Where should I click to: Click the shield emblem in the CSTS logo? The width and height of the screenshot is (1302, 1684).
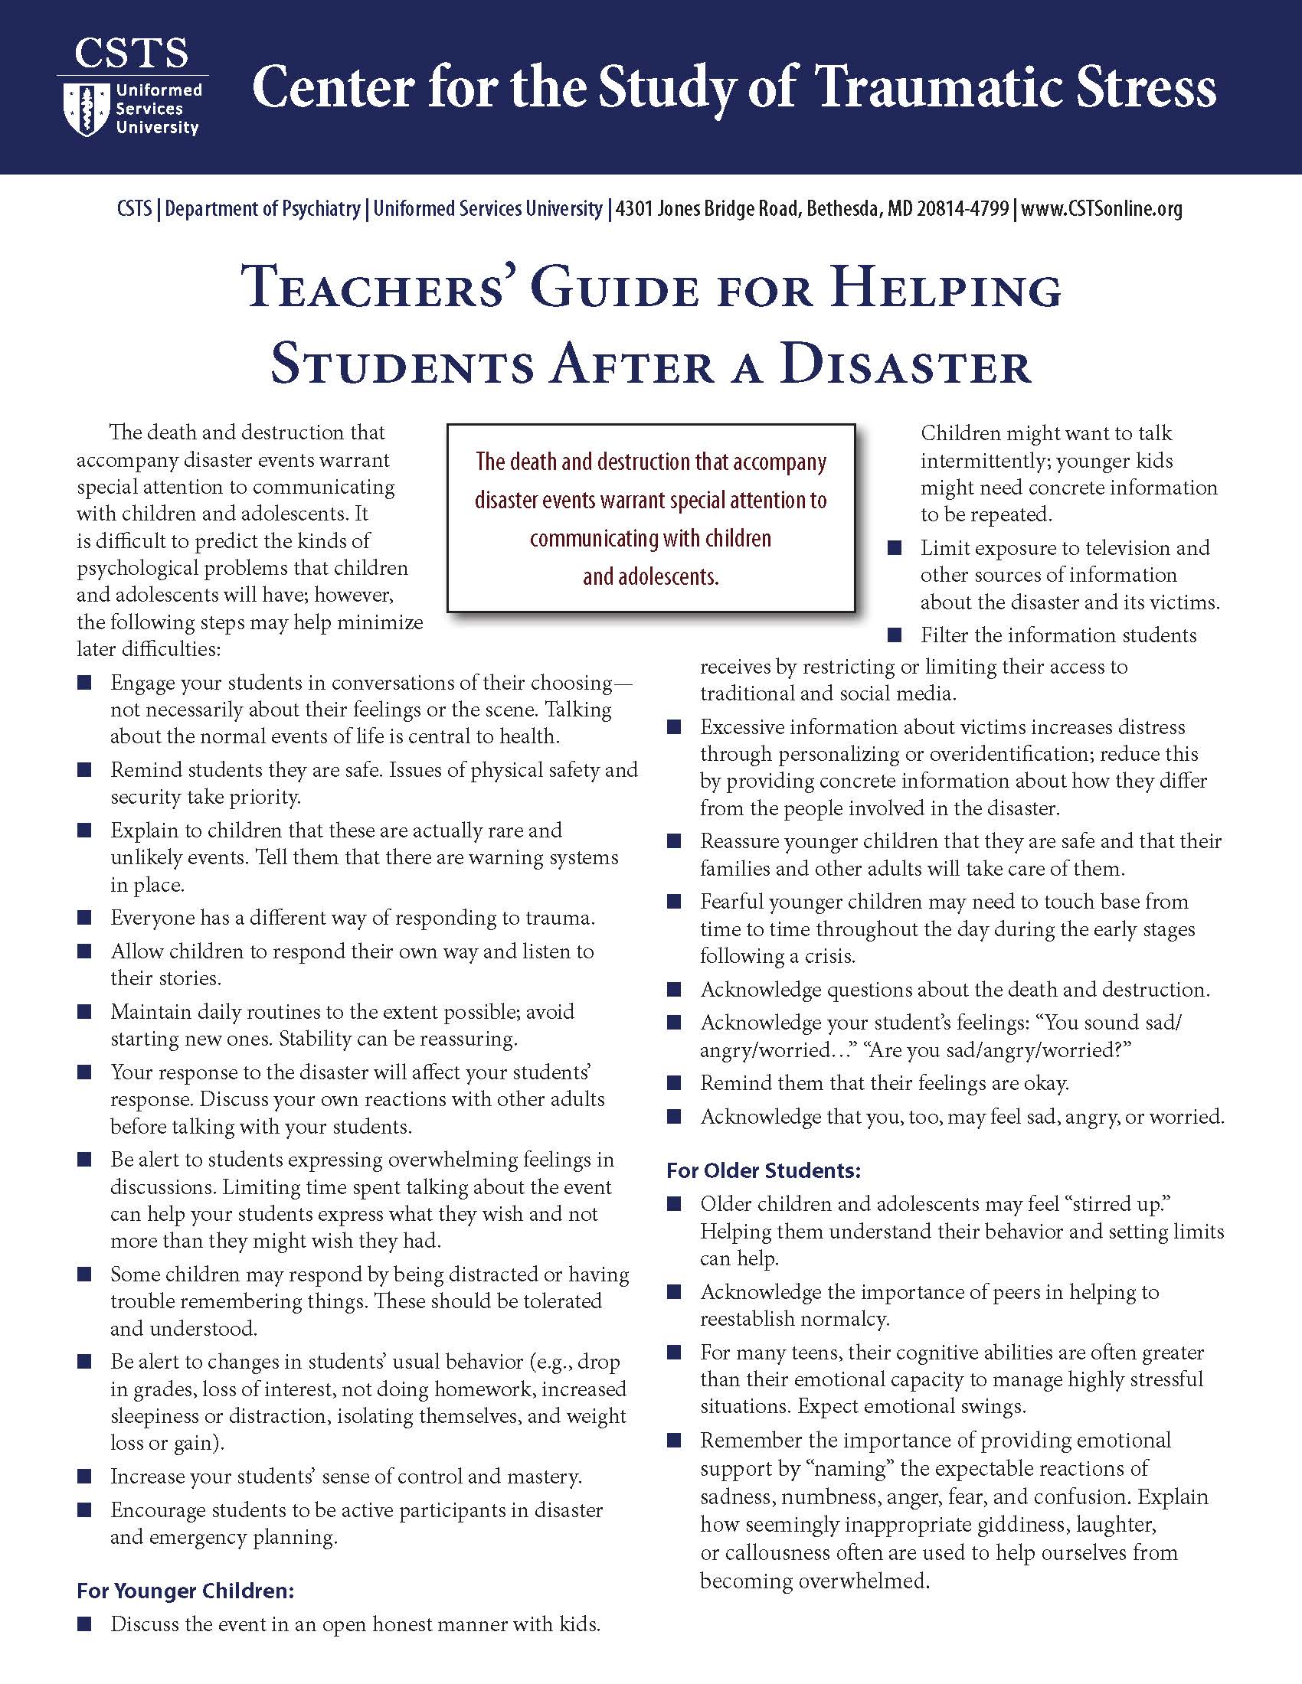84,109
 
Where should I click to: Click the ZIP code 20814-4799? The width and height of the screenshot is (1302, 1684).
963,209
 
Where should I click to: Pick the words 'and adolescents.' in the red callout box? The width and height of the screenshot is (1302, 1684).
650,576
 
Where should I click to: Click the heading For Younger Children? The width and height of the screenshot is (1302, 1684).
185,1591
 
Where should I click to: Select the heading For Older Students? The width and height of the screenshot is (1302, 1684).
763,1170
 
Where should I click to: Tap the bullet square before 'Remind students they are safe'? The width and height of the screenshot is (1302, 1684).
84,770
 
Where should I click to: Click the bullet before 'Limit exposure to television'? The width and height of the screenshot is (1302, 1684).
895,548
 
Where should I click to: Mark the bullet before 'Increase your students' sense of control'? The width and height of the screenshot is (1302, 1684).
84,1477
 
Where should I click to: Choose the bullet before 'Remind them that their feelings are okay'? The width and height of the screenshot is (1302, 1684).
674,1083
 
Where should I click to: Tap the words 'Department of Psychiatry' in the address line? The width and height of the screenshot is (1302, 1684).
262,209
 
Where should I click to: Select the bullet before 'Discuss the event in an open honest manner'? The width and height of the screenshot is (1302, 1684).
84,1624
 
